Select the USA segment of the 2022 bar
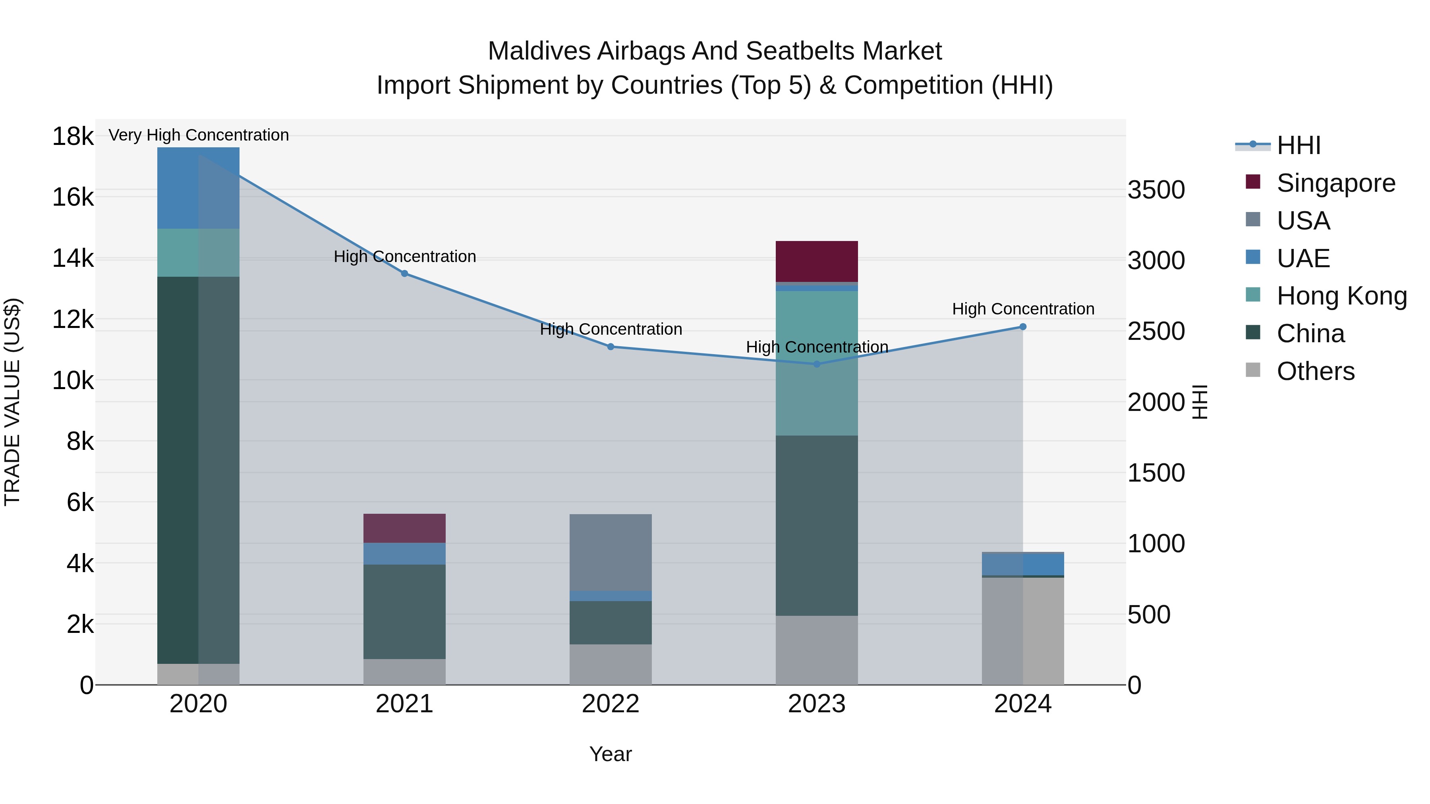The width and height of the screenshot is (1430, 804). (x=610, y=552)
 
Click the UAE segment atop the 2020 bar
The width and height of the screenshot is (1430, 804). (x=198, y=187)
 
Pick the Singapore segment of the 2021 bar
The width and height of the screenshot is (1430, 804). (x=404, y=528)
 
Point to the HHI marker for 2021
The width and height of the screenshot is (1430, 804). (x=404, y=274)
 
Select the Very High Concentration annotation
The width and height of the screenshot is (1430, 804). (x=198, y=135)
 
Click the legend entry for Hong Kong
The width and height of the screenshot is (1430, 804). (x=1341, y=296)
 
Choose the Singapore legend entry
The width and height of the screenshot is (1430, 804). (x=1335, y=183)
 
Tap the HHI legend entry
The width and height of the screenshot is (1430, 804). (x=1298, y=145)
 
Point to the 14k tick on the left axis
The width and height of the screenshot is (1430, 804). (x=73, y=258)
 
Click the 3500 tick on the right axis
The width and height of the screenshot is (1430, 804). (x=1156, y=190)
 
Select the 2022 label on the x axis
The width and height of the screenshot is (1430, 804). (x=610, y=704)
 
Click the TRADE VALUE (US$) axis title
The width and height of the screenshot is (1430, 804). (x=12, y=402)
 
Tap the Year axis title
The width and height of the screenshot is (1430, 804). (x=610, y=754)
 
